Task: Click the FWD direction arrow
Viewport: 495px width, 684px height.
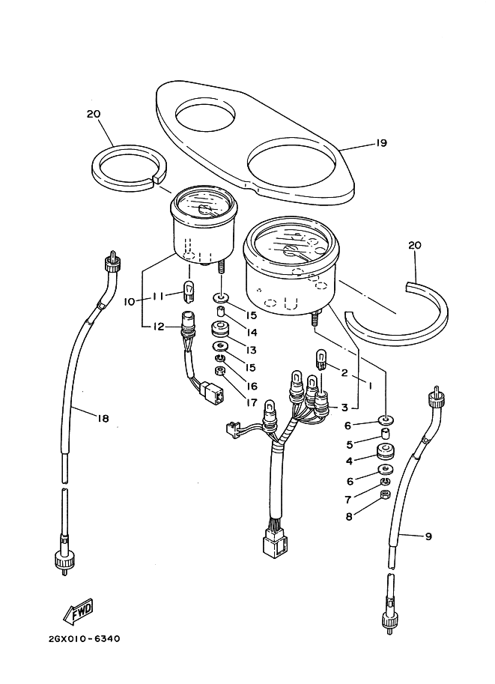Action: [x=79, y=610]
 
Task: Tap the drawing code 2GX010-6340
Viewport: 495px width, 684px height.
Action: [x=84, y=639]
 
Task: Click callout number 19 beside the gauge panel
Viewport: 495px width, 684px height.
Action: [x=381, y=142]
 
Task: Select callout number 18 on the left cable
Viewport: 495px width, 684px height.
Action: [x=103, y=418]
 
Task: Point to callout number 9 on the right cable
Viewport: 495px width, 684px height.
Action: [x=428, y=536]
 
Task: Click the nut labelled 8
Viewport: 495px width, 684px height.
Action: [x=386, y=494]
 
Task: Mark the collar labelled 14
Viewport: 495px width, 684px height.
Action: [x=222, y=312]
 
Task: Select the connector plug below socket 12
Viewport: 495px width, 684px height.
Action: [x=213, y=390]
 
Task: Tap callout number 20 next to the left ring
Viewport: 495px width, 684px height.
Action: [x=94, y=115]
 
